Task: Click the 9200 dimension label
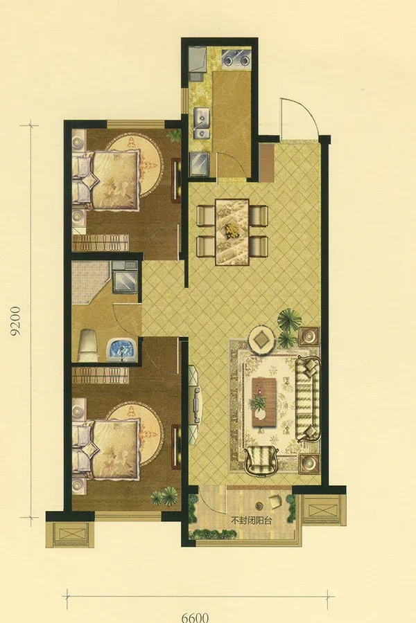pos(15,320)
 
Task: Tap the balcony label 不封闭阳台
pos(252,521)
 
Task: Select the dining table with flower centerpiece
pos(232,232)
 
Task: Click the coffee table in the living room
pos(264,402)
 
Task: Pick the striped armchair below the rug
pos(261,460)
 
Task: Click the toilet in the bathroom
pos(88,345)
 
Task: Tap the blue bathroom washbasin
pos(121,350)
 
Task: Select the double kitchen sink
pos(202,123)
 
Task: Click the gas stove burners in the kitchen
pos(236,58)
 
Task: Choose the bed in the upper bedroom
pos(106,179)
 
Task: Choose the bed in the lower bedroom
pos(106,448)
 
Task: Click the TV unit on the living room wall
pos(196,405)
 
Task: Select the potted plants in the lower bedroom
pos(164,496)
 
